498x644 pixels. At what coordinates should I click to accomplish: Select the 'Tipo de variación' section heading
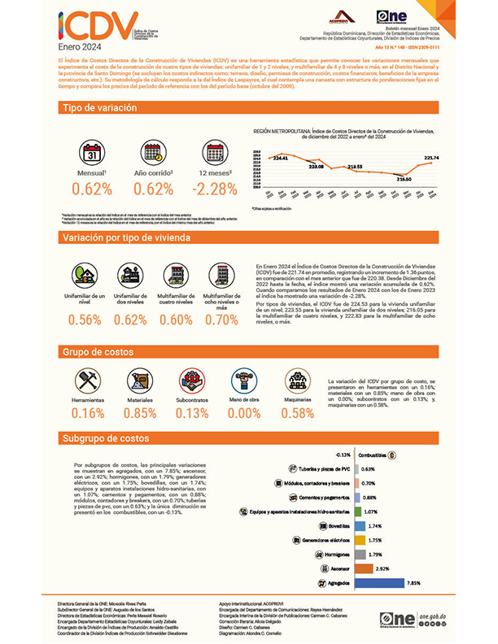coord(93,108)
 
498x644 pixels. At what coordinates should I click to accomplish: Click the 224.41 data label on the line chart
coord(281,158)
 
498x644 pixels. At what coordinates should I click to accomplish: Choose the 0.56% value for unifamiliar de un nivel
coord(85,319)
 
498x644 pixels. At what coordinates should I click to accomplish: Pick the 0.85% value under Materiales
coord(139,413)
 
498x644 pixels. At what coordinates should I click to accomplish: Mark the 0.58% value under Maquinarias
coord(297,413)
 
